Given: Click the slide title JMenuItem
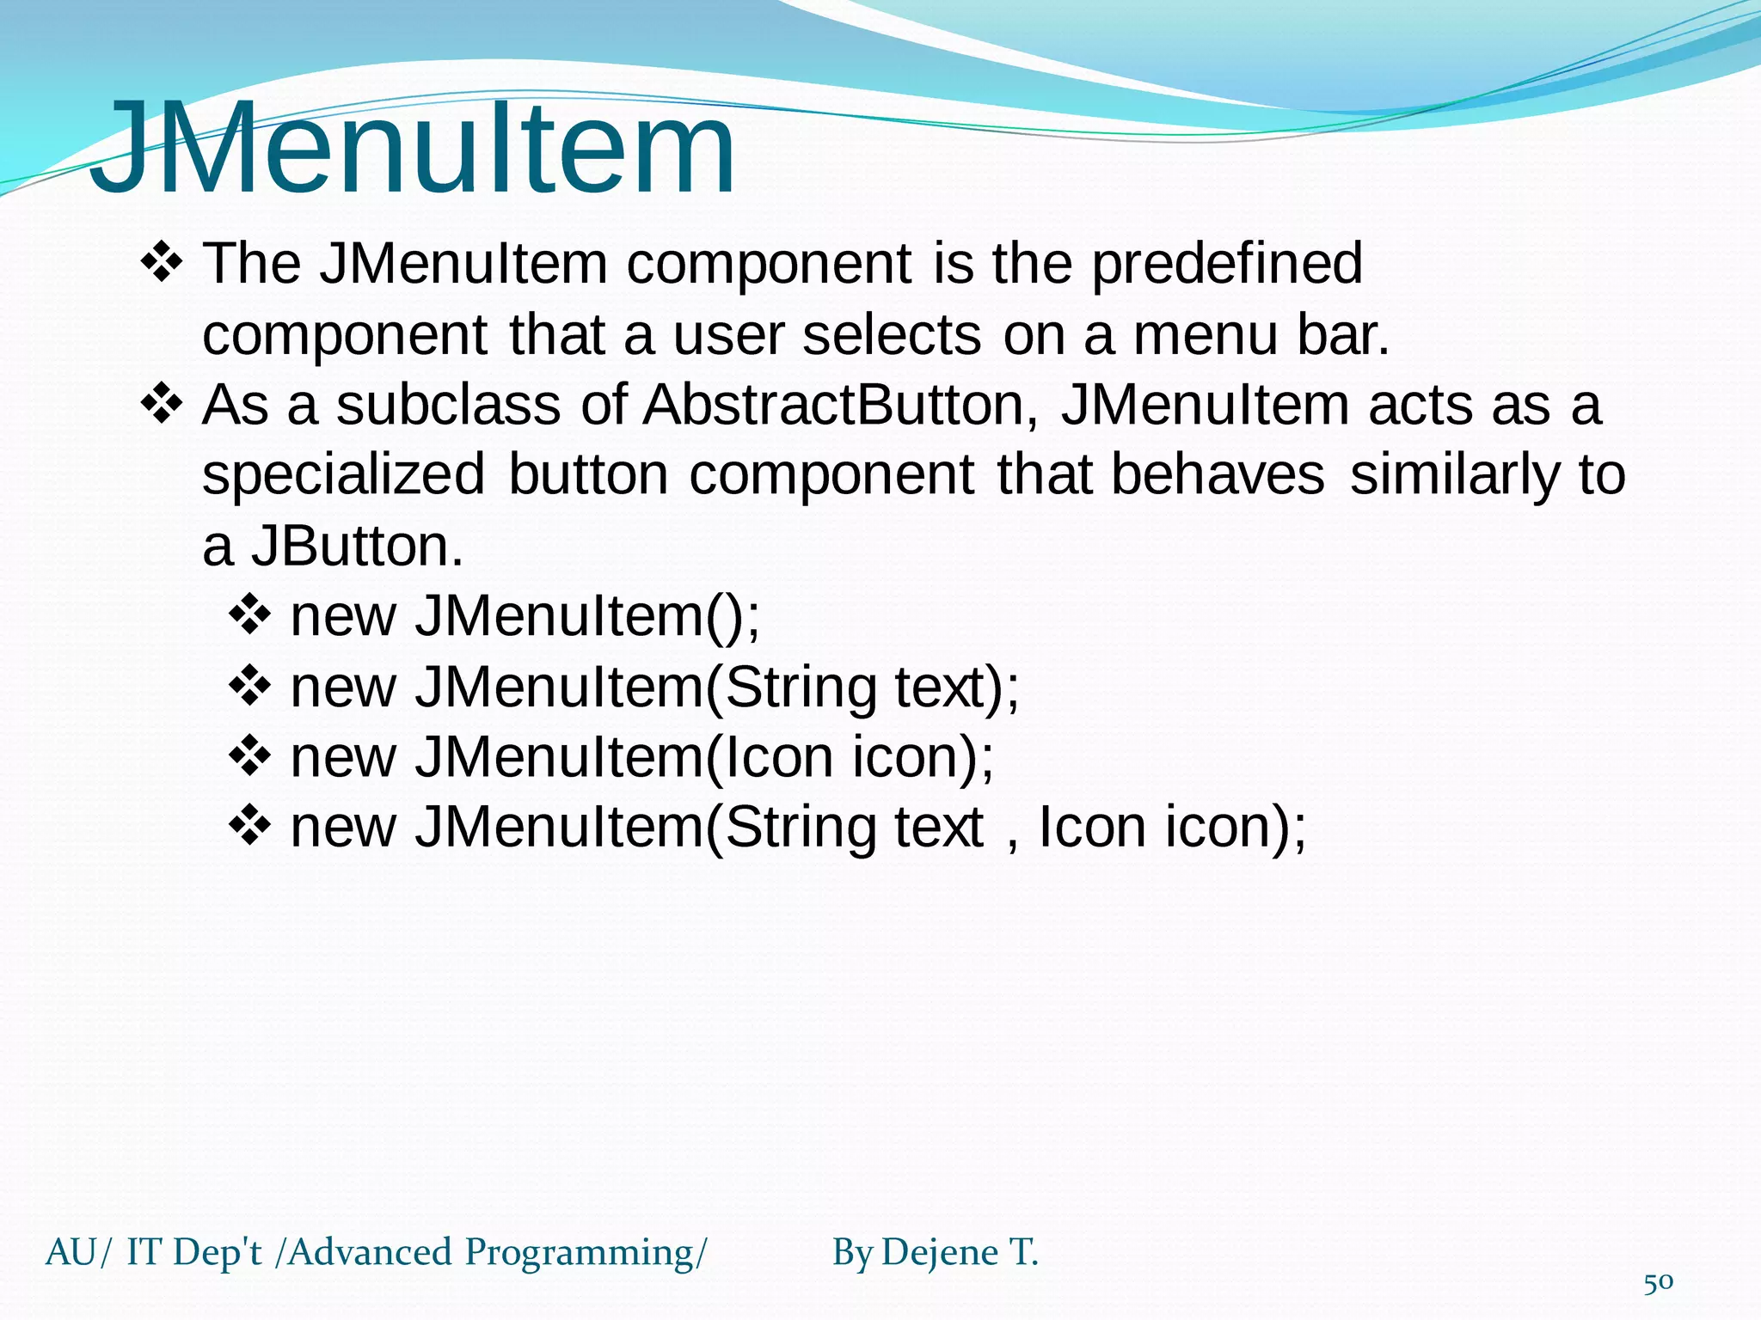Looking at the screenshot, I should pos(413,148).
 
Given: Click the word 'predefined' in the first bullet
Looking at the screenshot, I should pos(1227,264).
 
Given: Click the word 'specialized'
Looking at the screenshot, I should pos(344,475).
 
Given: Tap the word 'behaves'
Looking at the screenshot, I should pos(1218,475).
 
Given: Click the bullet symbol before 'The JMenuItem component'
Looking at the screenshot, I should pos(161,263).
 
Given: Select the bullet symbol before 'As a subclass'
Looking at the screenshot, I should pos(161,404).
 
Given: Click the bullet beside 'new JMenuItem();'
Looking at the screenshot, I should pos(250,616).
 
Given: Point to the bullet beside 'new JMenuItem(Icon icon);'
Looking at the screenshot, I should pos(250,757).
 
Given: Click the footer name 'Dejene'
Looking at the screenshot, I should pos(940,1253).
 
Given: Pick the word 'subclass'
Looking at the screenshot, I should pos(448,405).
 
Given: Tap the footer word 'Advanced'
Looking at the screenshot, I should pos(370,1253).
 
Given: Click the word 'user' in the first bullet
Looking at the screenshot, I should pos(727,334).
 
